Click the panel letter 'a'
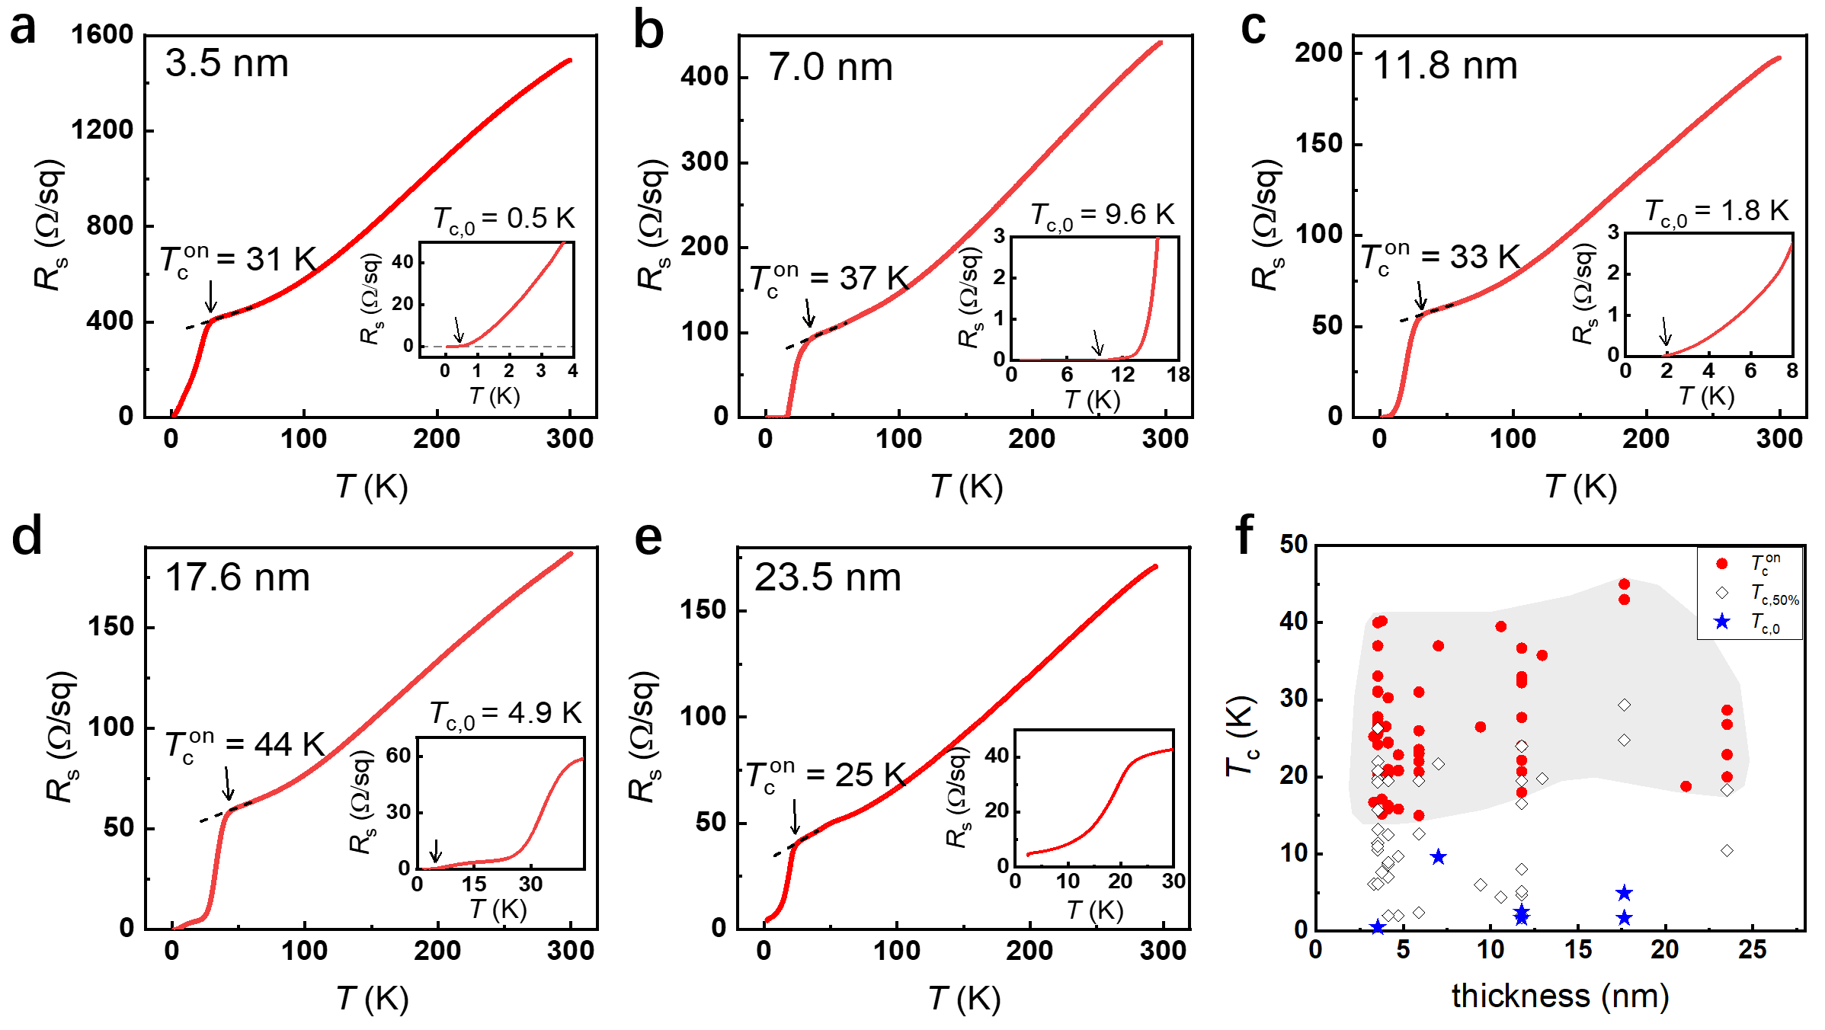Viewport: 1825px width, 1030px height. click(x=23, y=30)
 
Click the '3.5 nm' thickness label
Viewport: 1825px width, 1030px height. click(x=226, y=63)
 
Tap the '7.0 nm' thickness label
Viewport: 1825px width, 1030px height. click(x=830, y=67)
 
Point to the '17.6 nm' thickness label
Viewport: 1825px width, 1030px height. click(x=237, y=577)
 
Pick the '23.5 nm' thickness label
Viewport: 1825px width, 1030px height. click(x=828, y=577)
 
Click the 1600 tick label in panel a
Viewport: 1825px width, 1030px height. click(x=102, y=35)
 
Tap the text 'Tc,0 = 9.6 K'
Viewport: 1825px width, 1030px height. click(x=1102, y=216)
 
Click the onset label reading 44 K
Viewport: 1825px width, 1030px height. click(x=245, y=745)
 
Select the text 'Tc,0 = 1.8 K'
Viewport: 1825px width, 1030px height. click(x=1716, y=211)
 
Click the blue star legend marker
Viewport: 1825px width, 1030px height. click(x=1721, y=622)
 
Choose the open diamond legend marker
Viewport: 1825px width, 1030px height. click(x=1721, y=593)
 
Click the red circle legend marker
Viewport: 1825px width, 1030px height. click(x=1721, y=564)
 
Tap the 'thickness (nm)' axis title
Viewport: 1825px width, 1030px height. click(x=1560, y=996)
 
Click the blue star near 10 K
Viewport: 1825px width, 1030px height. click(x=1438, y=857)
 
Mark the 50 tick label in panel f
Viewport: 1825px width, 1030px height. click(x=1294, y=545)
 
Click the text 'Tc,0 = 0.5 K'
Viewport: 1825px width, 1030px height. click(x=504, y=219)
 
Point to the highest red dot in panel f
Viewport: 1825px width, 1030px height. click(x=1624, y=584)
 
